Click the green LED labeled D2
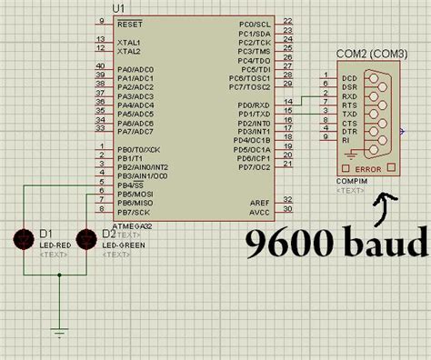(x=86, y=240)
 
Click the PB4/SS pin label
(x=131, y=185)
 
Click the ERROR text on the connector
(x=367, y=169)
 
